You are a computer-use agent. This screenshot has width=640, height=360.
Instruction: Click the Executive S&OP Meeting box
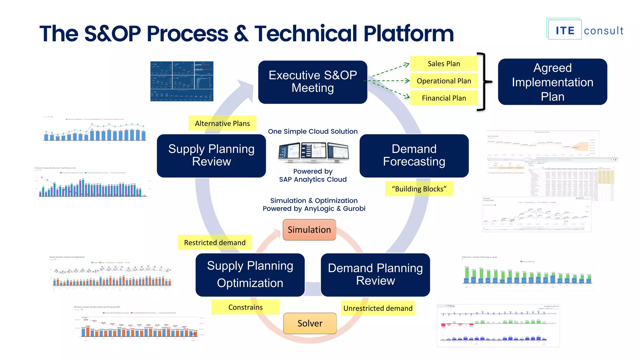point(312,82)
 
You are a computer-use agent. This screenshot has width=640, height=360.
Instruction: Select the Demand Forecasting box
point(414,156)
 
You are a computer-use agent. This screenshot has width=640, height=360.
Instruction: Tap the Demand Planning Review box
point(375,275)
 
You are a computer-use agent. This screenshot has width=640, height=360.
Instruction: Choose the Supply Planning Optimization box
point(250,275)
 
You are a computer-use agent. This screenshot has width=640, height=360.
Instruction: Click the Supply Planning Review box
point(211,156)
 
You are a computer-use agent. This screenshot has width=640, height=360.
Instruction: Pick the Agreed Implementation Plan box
point(552,82)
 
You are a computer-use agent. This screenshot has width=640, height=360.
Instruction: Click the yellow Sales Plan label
point(444,64)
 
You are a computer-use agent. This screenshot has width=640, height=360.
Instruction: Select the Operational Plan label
point(444,81)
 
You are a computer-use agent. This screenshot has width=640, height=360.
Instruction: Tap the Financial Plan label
point(444,98)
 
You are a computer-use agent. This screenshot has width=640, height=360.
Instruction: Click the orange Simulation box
point(309,230)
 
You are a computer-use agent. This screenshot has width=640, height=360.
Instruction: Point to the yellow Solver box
point(310,323)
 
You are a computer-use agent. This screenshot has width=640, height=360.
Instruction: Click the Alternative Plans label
point(222,123)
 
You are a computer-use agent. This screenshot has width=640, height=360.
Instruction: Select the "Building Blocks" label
point(419,189)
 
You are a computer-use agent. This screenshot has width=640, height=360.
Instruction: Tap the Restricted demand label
point(215,242)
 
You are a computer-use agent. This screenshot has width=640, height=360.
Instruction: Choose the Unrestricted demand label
point(377,308)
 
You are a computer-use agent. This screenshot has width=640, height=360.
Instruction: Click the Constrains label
point(245,307)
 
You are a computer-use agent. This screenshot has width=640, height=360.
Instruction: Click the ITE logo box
point(565,30)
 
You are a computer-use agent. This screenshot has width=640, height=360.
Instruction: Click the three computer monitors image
point(313,152)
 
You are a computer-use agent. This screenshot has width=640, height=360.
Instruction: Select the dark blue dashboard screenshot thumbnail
point(182,81)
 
